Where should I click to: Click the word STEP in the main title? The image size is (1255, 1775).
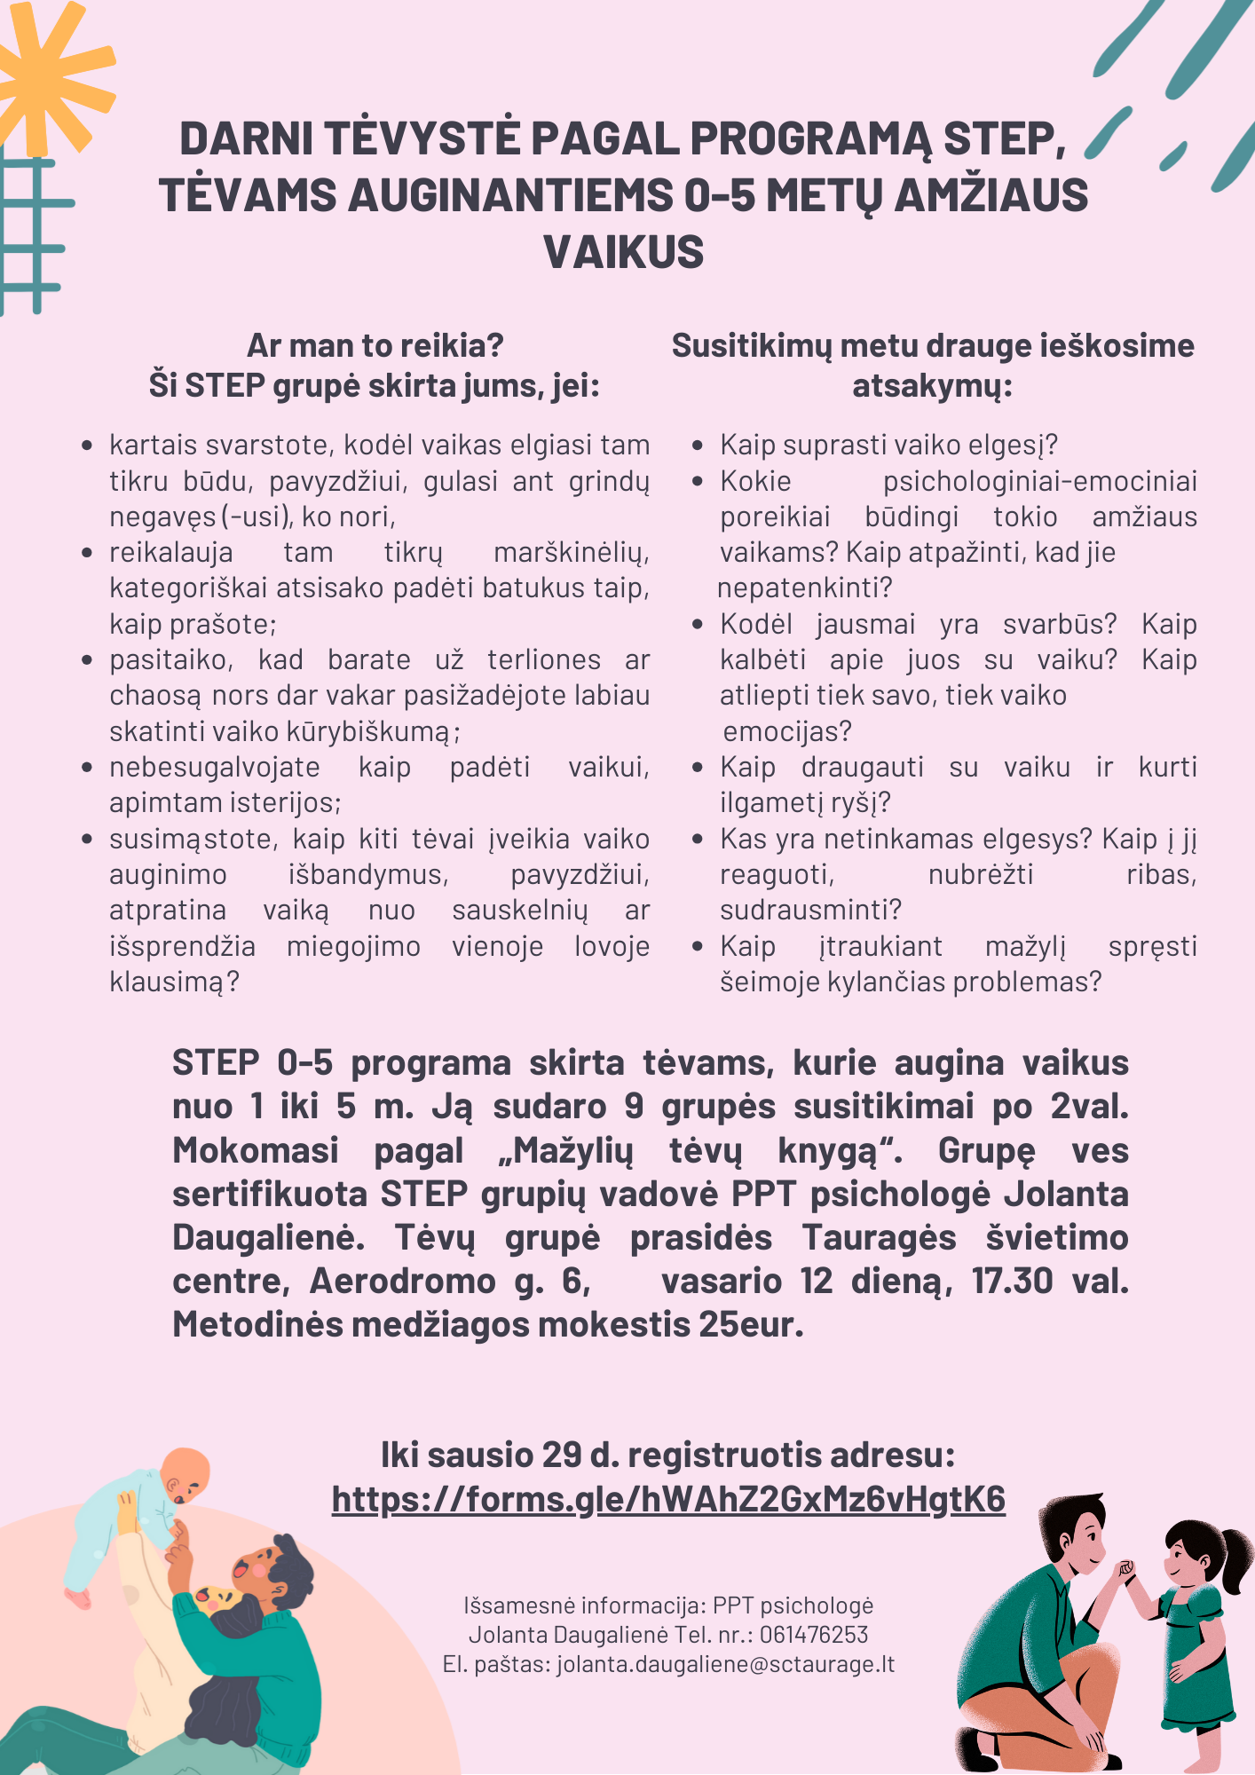pos(1003,139)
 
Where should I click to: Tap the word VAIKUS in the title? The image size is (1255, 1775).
pos(624,253)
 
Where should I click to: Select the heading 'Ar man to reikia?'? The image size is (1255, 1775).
pos(375,345)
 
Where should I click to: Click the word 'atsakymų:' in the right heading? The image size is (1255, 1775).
pos(932,387)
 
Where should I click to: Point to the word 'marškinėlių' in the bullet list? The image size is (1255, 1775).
pos(571,553)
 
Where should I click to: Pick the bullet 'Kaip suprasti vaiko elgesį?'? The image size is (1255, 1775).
pos(888,445)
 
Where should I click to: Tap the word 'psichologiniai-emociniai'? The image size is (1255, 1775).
pos(1039,481)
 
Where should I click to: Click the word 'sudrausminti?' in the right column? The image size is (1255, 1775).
pos(810,911)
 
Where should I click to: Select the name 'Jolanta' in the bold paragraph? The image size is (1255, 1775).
pos(1066,1195)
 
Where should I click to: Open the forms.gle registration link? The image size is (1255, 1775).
pos(668,1499)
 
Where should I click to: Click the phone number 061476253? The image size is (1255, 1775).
pos(814,1635)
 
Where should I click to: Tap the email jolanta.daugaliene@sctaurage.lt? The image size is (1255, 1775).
pos(725,1664)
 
